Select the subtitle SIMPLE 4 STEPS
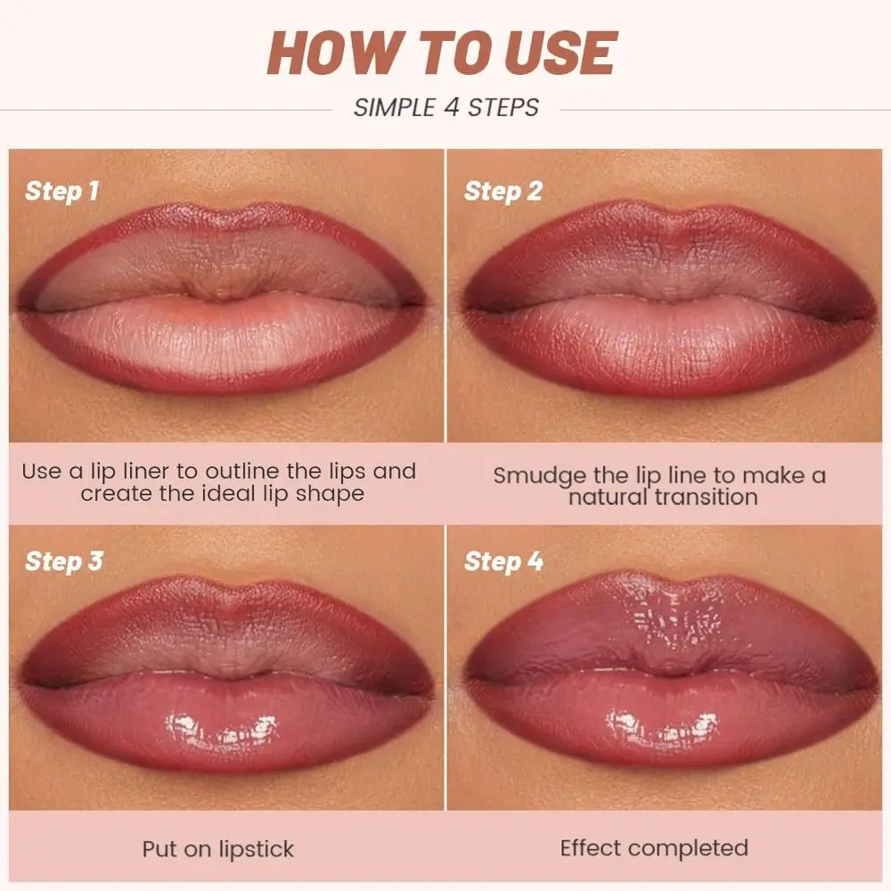click(x=445, y=108)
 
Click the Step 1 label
click(x=61, y=191)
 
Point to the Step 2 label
click(x=503, y=191)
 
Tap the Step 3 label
click(x=61, y=561)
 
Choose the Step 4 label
click(x=503, y=561)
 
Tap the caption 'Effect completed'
click(x=654, y=848)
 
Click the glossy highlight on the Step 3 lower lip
click(x=223, y=727)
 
